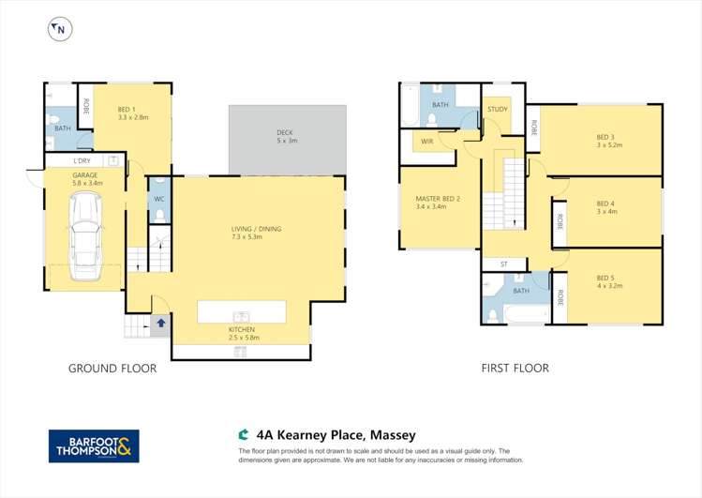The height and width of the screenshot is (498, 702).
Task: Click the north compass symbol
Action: point(60,29)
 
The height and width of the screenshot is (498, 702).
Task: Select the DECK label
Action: point(286,132)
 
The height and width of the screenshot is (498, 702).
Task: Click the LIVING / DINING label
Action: point(256,229)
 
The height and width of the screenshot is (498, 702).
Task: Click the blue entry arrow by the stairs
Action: point(160,323)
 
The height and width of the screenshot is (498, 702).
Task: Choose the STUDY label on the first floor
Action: point(497,110)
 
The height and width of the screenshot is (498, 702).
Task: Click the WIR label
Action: point(426,141)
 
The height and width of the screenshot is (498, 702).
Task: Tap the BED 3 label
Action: point(605,137)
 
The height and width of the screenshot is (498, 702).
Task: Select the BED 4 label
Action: point(605,204)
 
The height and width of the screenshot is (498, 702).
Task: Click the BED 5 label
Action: point(605,278)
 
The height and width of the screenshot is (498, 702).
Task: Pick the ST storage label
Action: point(503,264)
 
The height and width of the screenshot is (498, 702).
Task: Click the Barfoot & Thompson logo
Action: point(94,445)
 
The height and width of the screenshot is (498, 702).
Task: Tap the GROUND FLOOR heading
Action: point(112,369)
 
